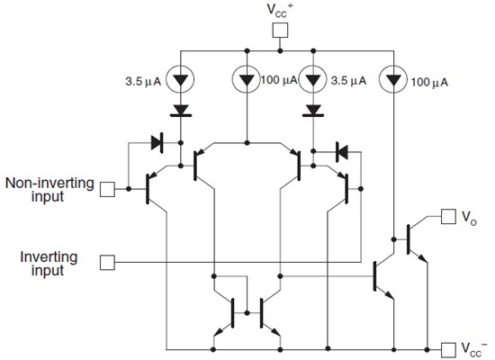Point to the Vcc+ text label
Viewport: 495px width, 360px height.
point(279,12)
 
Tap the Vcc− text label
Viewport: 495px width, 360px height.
point(474,348)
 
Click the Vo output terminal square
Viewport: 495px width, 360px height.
point(446,216)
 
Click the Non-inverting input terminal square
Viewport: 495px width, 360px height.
point(107,189)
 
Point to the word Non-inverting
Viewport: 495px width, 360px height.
point(50,183)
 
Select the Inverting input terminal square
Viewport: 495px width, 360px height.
point(107,262)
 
